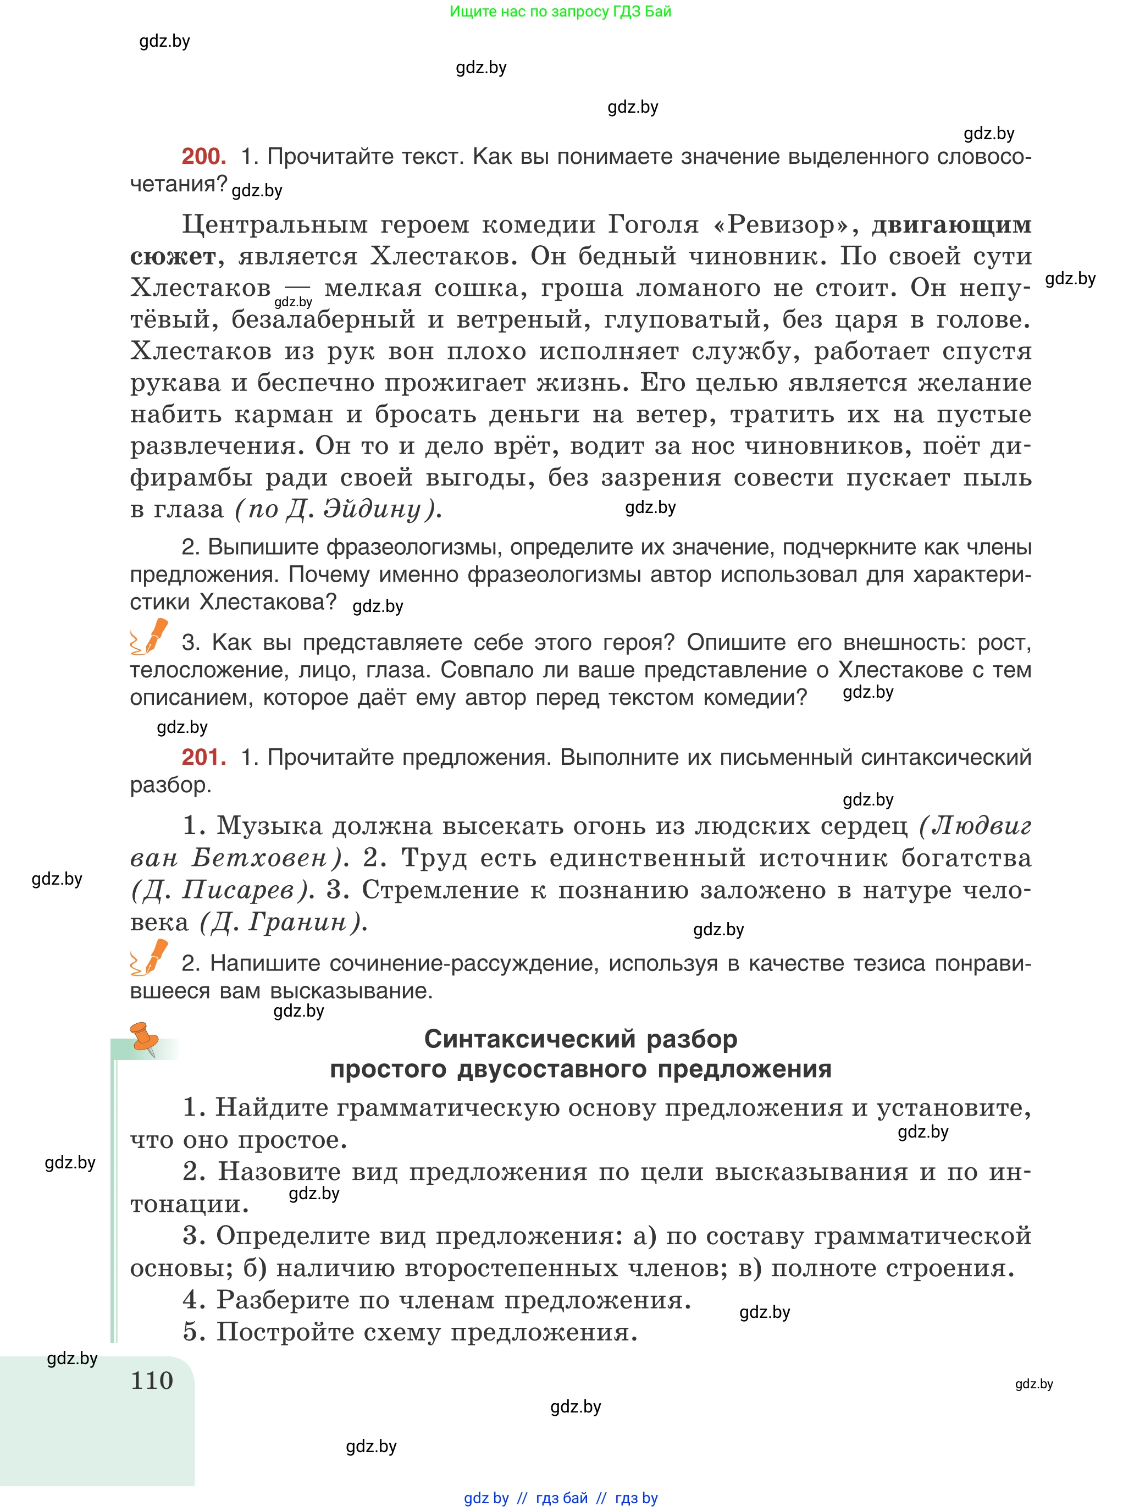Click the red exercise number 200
(x=203, y=156)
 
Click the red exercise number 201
(x=203, y=757)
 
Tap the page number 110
(x=152, y=1380)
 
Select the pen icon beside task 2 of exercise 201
(x=150, y=957)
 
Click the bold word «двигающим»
(x=951, y=224)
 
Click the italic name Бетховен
(x=259, y=858)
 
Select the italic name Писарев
(x=238, y=890)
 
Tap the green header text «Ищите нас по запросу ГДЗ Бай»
(x=560, y=12)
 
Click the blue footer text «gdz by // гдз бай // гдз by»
(x=560, y=1498)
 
